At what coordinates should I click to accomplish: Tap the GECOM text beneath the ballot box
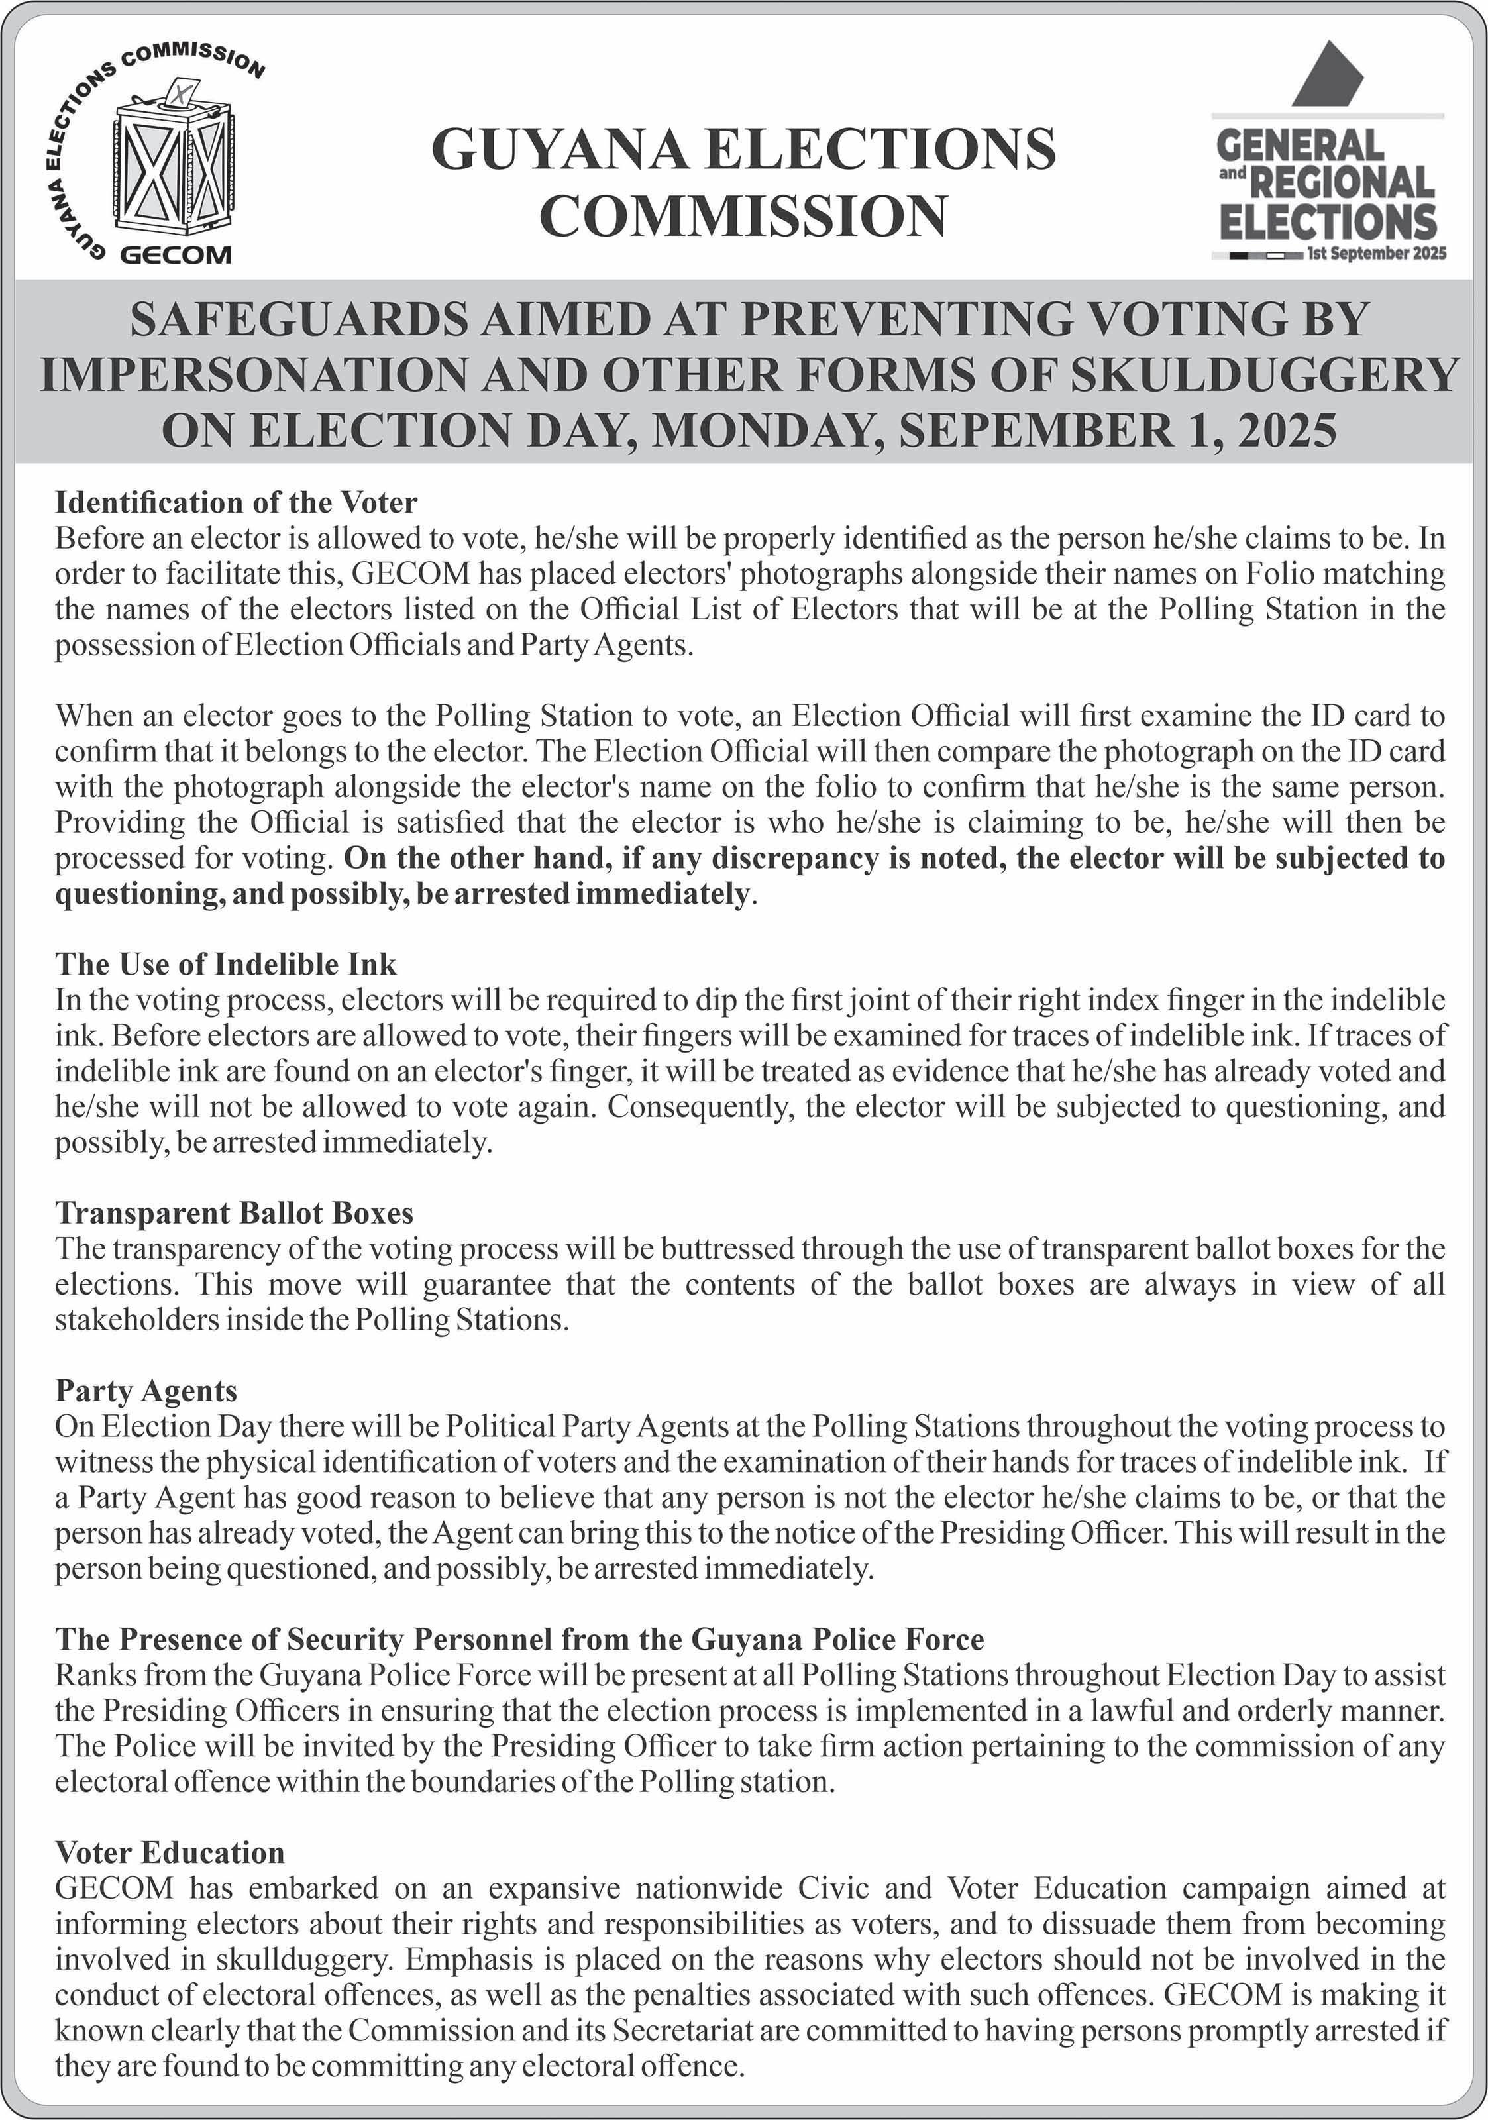point(176,255)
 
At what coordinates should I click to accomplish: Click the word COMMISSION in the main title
point(743,215)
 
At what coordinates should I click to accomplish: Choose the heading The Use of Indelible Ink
point(225,964)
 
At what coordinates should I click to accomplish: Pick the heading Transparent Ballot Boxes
point(235,1212)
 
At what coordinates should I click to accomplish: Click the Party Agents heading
point(146,1391)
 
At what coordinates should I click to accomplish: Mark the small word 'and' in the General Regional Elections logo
point(1232,173)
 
